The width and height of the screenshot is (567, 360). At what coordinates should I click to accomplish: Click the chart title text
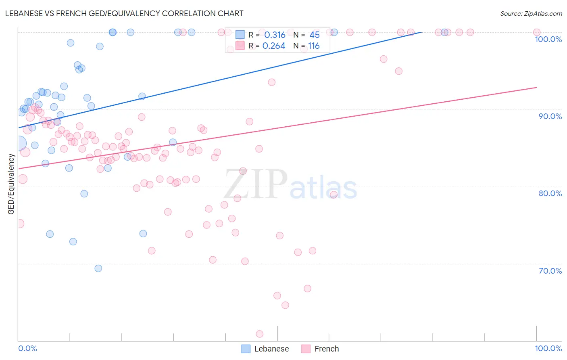coord(125,13)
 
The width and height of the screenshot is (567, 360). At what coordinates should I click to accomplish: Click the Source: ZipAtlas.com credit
coord(531,14)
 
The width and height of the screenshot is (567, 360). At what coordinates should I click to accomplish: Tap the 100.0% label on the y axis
coord(548,39)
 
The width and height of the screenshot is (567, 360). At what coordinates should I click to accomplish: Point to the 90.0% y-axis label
coord(550,116)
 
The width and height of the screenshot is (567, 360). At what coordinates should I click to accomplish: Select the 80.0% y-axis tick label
coord(550,193)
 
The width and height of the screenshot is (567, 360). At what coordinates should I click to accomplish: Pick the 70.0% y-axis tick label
coord(550,271)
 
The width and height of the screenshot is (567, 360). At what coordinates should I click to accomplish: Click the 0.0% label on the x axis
coord(27,348)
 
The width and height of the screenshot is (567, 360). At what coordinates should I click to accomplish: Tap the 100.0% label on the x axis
coord(548,348)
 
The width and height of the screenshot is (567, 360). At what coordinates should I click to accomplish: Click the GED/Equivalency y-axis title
coord(11,184)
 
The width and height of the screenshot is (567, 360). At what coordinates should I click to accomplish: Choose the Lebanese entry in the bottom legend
coord(271,349)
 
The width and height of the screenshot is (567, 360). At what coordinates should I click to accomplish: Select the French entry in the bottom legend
coord(326,349)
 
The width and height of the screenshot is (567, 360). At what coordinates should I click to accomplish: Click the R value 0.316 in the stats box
coord(275,35)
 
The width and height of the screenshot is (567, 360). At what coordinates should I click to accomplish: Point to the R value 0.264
coord(274,46)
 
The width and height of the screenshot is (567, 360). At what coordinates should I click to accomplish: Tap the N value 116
coord(314,46)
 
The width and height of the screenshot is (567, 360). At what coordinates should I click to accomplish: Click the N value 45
coord(314,35)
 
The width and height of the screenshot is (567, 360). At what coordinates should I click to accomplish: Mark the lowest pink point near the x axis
coord(260,334)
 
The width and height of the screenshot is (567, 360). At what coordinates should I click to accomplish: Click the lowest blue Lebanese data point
coord(98,268)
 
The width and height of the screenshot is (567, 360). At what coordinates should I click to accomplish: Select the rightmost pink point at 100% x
coord(537,32)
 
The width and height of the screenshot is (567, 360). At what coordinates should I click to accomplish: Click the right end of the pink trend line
coord(537,87)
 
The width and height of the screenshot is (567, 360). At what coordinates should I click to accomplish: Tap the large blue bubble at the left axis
coord(19,143)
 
